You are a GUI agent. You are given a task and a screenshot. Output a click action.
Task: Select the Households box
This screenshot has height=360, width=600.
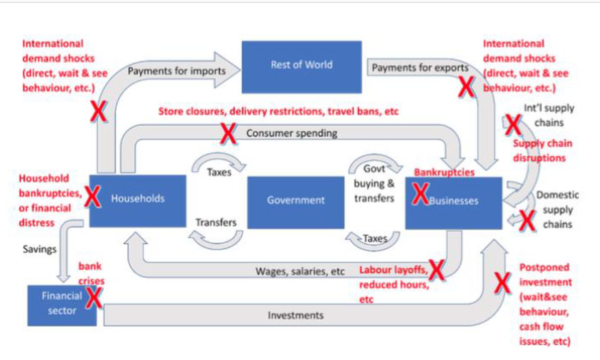138,200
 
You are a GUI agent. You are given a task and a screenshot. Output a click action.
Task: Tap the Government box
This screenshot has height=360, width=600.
296,200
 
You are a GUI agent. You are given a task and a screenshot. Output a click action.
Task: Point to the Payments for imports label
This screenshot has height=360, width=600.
176,71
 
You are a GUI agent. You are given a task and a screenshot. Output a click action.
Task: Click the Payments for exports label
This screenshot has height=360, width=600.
419,68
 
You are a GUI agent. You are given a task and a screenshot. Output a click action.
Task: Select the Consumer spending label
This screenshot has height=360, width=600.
292,133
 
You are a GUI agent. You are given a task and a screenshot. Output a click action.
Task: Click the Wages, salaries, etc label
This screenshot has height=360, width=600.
300,271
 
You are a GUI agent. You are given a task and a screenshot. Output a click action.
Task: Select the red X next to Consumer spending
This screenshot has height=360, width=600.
228,133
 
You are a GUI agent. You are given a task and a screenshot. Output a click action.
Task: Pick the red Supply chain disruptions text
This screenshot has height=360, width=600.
542,150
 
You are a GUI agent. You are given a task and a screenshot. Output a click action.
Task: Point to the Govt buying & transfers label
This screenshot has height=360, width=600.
373,184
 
